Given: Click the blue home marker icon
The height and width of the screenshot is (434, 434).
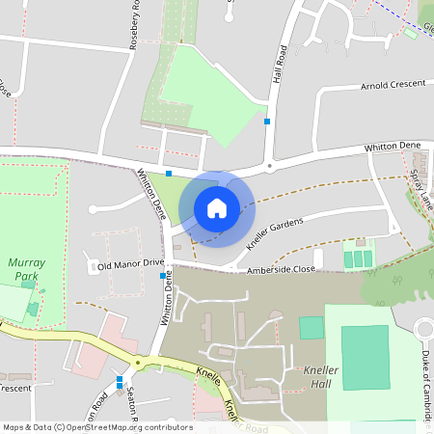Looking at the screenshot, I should (x=217, y=208).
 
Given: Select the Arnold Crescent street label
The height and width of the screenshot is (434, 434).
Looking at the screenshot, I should (x=393, y=85).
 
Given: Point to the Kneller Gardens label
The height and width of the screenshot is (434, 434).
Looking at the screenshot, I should (x=275, y=232).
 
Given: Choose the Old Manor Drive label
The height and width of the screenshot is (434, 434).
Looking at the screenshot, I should (x=131, y=264).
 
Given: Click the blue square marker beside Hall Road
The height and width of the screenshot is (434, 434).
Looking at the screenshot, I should (x=267, y=122).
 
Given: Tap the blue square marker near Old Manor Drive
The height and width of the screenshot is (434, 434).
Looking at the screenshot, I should (x=162, y=276).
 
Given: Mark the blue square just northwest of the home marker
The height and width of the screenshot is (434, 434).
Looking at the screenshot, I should (x=169, y=174).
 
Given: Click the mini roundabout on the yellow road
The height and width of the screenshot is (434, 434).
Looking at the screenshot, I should (x=137, y=363).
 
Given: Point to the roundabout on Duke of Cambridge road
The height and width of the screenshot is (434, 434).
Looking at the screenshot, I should (x=425, y=330).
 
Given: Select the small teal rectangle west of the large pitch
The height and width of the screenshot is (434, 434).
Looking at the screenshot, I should (x=312, y=327).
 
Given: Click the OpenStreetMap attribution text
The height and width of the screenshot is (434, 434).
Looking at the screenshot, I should (x=96, y=426).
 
